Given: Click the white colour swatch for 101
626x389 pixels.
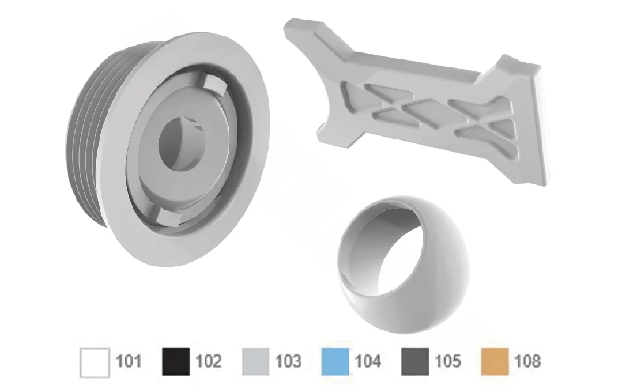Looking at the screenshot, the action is coord(95,362).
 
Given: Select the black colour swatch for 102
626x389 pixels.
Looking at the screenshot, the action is coord(176,362).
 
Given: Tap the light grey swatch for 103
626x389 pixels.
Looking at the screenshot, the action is coord(255,362).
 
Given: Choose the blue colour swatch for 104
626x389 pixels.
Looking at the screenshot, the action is coord(335,361).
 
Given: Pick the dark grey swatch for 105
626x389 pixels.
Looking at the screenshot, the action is coord(415,361).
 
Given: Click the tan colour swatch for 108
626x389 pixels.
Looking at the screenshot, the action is coord(495,361).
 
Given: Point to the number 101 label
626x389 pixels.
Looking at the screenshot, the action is coord(128,361).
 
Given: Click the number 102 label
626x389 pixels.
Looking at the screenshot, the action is coord(209,361).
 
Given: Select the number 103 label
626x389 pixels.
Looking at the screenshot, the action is coord(288,361).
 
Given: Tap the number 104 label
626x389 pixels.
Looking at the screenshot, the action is coord(368,361).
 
